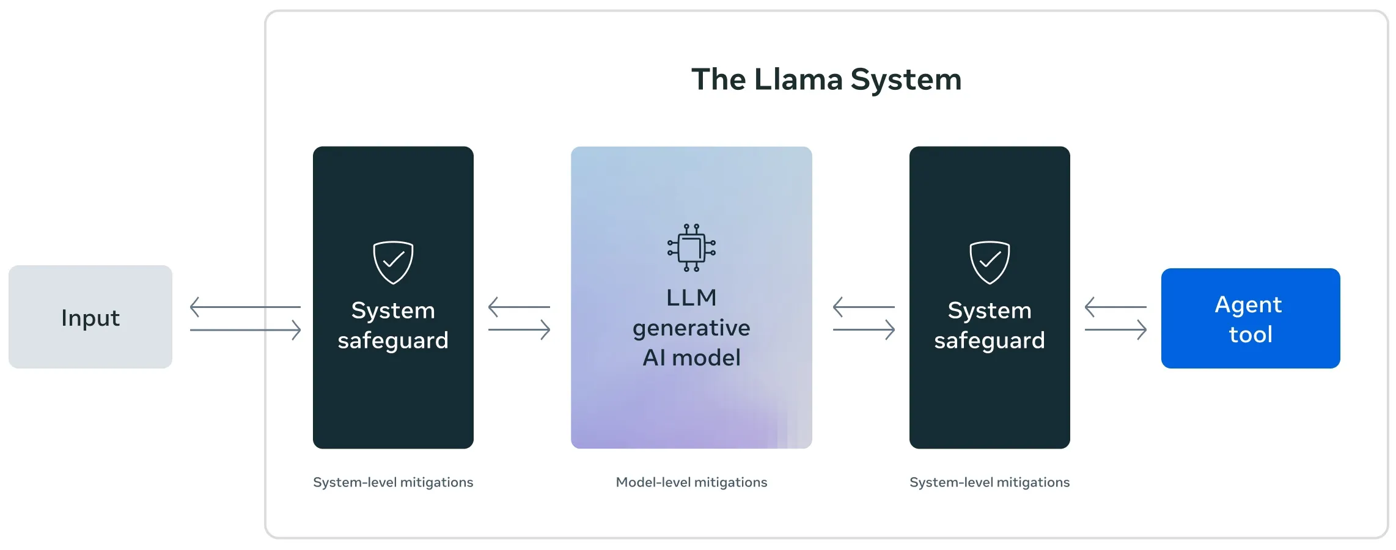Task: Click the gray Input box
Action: (90, 317)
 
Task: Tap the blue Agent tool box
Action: (1250, 318)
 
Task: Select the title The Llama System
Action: (826, 79)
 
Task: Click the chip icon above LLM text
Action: (691, 248)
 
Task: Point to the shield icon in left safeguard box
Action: (393, 262)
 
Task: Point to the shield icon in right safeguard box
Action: (990, 262)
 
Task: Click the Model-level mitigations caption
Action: (691, 482)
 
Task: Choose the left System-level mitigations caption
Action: (393, 482)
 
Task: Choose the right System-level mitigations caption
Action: (990, 482)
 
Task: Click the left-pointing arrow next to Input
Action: (244, 307)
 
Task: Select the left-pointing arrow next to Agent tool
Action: (1115, 307)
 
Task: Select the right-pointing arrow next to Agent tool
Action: (1116, 330)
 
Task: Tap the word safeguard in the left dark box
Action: (393, 341)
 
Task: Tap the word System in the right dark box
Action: (990, 310)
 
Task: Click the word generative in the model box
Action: (691, 328)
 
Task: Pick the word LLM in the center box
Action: (691, 298)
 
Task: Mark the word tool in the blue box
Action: (1251, 334)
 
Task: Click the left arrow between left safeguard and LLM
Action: (518, 307)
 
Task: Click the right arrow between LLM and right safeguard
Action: (864, 330)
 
